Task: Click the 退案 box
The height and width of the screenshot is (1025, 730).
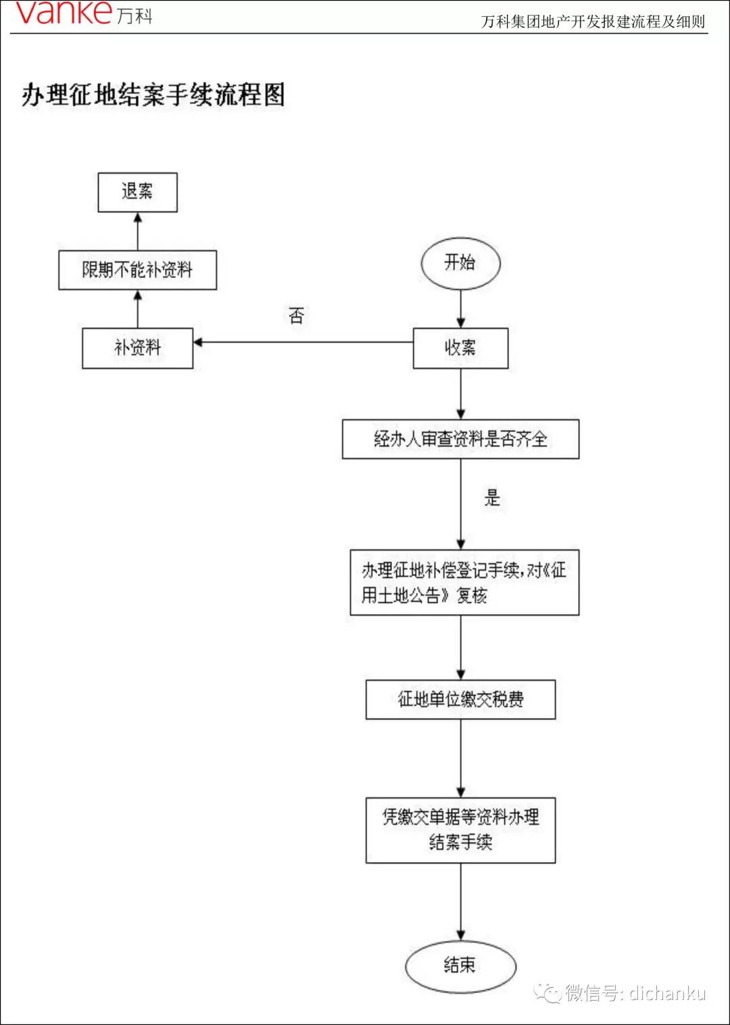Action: [137, 193]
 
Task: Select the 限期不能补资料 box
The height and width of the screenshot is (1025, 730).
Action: [137, 270]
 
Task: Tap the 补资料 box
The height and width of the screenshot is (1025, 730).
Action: [137, 348]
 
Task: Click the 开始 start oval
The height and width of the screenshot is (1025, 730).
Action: [460, 263]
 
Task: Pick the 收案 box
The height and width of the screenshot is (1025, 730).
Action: [460, 348]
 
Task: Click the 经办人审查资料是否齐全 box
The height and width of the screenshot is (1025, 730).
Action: [460, 439]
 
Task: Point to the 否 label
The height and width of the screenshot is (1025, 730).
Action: [296, 316]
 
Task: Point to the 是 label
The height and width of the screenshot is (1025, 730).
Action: [491, 498]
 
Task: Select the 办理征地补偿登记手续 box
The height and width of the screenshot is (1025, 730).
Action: [464, 583]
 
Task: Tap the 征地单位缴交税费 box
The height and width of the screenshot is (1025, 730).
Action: [460, 699]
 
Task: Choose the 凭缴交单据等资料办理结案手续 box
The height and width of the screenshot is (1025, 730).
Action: [460, 830]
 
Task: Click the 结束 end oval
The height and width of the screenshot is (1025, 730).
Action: [460, 966]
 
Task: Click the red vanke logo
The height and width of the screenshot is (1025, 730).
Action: [64, 14]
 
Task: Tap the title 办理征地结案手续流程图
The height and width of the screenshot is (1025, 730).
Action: [153, 95]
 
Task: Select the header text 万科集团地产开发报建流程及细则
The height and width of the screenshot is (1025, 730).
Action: [593, 22]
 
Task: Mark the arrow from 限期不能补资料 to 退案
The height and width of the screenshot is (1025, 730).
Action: [138, 231]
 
